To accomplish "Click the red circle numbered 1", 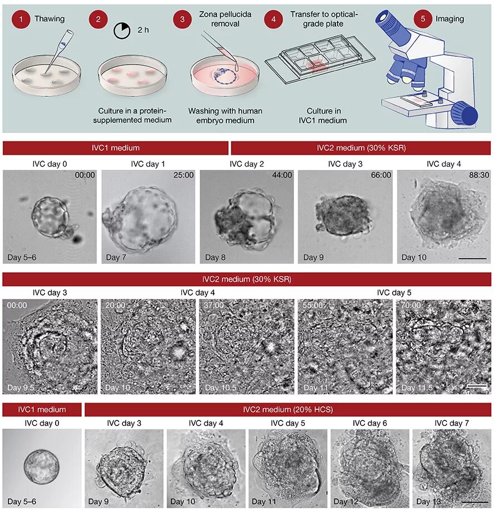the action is pyautogui.click(x=21, y=19).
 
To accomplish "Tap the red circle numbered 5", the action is pyautogui.click(x=423, y=19).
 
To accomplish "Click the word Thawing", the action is pyautogui.click(x=50, y=19).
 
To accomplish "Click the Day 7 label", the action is pyautogui.click(x=117, y=257).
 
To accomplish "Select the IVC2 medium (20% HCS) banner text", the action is pyautogui.click(x=288, y=410).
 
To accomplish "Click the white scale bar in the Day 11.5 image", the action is pyautogui.click(x=478, y=385).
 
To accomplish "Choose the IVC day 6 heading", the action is pyautogui.click(x=368, y=423).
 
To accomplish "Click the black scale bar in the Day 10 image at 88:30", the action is pyautogui.click(x=472, y=258).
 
